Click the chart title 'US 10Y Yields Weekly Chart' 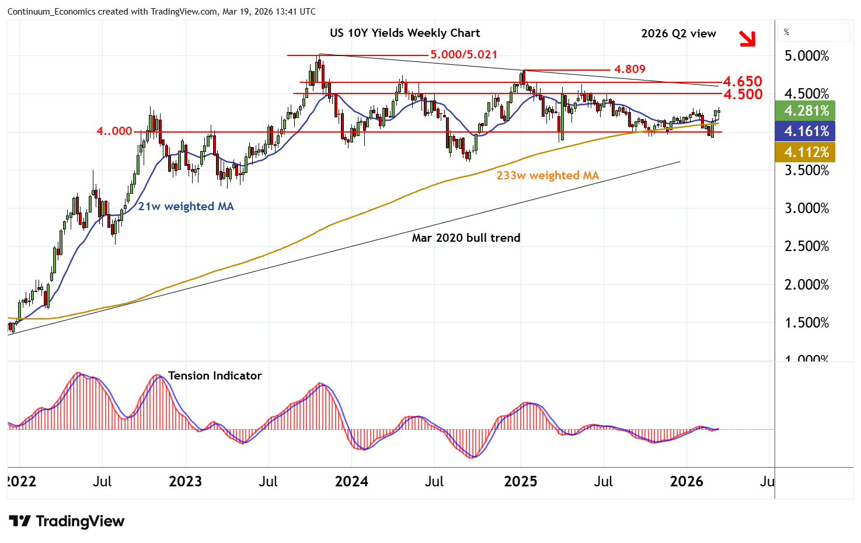point(405,33)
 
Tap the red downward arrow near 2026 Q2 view point(747,39)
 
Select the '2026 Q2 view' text point(678,34)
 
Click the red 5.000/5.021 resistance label point(463,55)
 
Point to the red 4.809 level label point(629,69)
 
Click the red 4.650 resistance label point(743,81)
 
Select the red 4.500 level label point(743,94)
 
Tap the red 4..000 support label point(114,131)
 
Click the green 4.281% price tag point(806,111)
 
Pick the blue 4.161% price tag point(806,131)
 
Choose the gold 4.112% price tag point(806,152)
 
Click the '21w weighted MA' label point(186,207)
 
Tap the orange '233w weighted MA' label point(548,176)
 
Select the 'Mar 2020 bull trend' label point(466,238)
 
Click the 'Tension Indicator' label point(215,376)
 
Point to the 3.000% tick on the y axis point(806,208)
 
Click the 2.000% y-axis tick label point(806,285)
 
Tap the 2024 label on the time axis point(351,482)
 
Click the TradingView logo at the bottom point(67,521)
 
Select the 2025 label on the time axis point(520,482)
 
